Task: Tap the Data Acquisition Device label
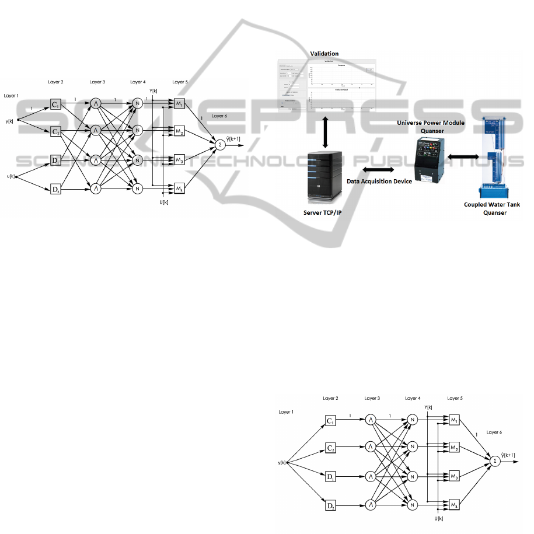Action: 379,182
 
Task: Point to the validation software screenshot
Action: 326,85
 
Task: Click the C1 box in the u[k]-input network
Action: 55,105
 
